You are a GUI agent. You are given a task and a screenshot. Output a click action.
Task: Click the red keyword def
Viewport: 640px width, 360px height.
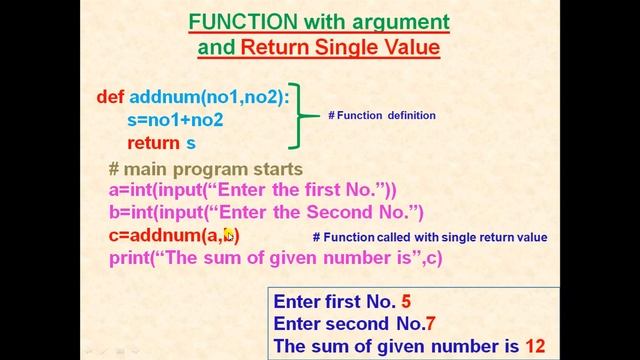pyautogui.click(x=109, y=97)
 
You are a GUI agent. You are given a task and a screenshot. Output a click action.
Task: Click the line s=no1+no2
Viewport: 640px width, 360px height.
pyautogui.click(x=175, y=120)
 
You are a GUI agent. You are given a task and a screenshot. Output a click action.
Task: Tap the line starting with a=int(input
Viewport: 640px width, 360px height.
pyautogui.click(x=252, y=190)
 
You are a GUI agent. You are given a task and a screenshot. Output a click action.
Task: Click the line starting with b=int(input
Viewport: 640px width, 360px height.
pyautogui.click(x=266, y=212)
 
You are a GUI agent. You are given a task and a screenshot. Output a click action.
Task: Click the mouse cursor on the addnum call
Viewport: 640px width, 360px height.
pyautogui.click(x=228, y=235)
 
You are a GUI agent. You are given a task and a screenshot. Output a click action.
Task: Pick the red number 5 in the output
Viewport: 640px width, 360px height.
pyautogui.click(x=405, y=301)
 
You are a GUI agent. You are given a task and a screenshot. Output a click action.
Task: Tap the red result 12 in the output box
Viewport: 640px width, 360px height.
pyautogui.click(x=534, y=346)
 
